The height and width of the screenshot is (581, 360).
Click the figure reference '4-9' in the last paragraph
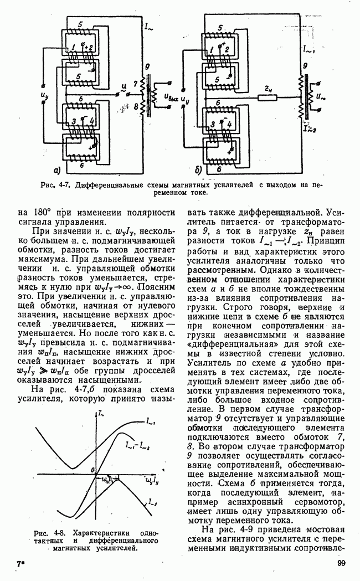pyautogui.click(x=260, y=528)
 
